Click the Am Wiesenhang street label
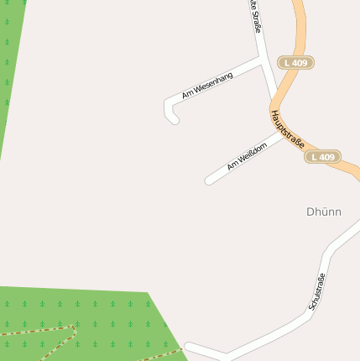click(207, 83)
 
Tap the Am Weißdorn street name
click(247, 156)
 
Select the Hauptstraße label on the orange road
click(288, 128)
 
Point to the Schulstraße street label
click(316, 292)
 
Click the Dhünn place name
click(324, 212)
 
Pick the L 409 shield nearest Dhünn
click(322, 157)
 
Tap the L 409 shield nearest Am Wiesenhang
click(296, 63)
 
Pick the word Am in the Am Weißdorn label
click(232, 165)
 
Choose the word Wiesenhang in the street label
click(214, 80)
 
